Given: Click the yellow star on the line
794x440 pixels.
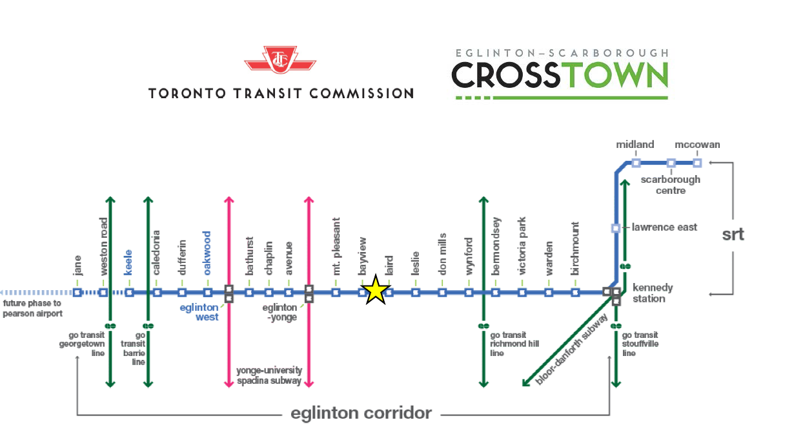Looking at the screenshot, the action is click(376, 290).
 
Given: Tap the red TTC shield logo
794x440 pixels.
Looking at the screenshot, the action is click(280, 59).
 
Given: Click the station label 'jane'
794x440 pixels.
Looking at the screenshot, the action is click(77, 266).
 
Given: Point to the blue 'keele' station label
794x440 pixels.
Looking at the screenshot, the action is click(128, 262).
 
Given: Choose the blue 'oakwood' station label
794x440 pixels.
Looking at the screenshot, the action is click(207, 253).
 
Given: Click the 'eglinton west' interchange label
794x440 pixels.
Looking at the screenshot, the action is click(199, 312).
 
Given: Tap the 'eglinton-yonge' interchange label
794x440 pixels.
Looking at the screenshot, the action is click(280, 312).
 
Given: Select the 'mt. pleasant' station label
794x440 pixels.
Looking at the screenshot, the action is click(336, 246).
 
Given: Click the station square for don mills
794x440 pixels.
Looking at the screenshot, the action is click(442, 293).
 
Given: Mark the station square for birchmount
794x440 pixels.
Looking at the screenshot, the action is click(575, 293).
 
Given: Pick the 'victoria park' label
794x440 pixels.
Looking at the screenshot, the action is click(522, 246).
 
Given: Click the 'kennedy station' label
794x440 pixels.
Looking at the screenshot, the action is click(653, 293).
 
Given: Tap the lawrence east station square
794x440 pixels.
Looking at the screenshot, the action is click(616, 228).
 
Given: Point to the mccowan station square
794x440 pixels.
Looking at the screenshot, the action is click(697, 163).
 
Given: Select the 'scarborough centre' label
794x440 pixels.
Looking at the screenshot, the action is click(670, 185).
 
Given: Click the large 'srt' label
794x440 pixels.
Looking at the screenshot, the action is click(733, 234).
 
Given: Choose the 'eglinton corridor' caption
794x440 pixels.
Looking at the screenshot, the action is click(361, 413).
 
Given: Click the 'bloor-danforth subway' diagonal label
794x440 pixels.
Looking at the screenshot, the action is click(571, 349).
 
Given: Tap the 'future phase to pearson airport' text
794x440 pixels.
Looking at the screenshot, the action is click(32, 308).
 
